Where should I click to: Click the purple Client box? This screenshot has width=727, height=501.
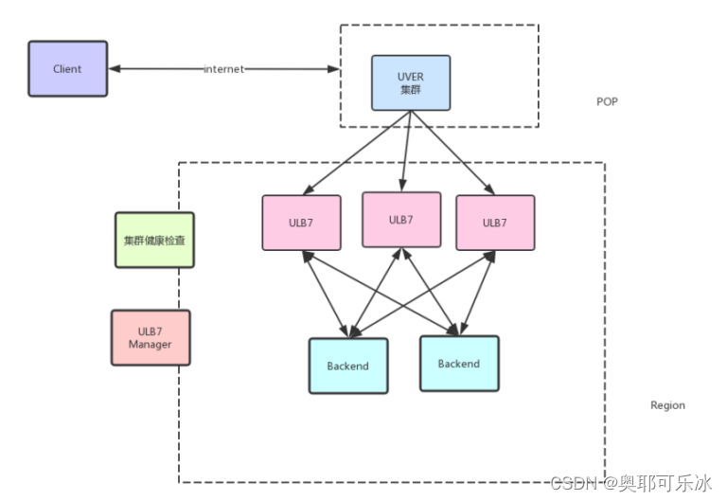pos(68,68)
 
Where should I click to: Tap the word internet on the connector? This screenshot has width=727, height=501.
pos(224,69)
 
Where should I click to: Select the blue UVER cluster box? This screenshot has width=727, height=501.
pos(411,83)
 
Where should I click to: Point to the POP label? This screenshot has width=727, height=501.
pos(607,101)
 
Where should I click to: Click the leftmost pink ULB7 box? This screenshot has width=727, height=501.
pos(301,223)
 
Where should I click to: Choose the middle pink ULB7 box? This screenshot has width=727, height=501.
pos(401,220)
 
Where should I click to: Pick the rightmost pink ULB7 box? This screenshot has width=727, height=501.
pos(495,223)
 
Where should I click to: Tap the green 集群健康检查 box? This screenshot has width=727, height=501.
pos(154,240)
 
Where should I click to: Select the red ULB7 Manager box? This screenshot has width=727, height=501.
pos(151,338)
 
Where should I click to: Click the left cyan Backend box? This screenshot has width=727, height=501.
pos(348,366)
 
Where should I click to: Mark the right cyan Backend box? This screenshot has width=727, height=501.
pos(459,364)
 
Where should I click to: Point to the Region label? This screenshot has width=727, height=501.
pos(667,405)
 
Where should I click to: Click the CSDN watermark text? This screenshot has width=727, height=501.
pos(630,483)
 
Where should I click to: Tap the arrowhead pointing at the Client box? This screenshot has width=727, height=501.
pos(114,68)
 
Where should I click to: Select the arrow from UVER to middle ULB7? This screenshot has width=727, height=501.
pos(407,152)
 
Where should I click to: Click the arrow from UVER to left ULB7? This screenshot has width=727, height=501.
pos(357,152)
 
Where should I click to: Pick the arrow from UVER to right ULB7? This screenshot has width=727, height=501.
pos(453,152)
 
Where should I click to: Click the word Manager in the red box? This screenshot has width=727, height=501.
pos(151,344)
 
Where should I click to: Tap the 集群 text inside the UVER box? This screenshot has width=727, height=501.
pos(411,90)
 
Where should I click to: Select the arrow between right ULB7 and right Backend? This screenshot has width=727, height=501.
pos(477,294)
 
